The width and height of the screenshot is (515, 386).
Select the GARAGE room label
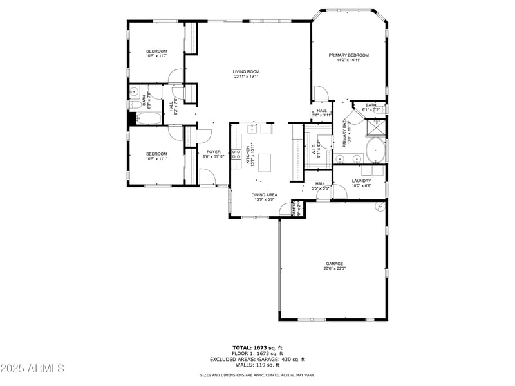334,263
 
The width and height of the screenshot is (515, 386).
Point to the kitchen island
265,162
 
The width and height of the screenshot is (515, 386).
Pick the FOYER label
214,152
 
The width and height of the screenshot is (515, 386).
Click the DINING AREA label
264,194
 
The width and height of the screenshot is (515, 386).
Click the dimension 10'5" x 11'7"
156,57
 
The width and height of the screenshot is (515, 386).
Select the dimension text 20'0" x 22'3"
334,268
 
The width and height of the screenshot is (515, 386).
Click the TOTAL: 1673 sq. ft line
257,348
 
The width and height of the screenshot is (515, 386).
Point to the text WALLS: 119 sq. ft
257,365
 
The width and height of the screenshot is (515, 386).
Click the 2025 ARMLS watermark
32,368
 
